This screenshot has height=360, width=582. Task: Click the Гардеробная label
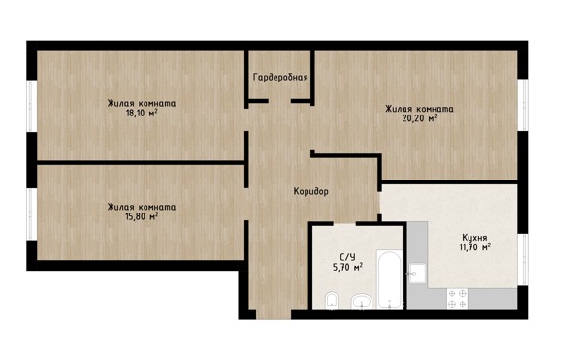point(280,77)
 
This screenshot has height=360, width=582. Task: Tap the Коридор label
point(311,191)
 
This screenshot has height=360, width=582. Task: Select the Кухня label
point(474,237)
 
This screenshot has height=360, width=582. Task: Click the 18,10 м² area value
point(142,113)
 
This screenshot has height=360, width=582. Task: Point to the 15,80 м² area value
point(142,216)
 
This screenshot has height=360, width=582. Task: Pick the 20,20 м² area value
point(419,118)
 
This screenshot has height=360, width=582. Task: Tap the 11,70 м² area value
point(474,246)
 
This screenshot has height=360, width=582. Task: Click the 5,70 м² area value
point(347,267)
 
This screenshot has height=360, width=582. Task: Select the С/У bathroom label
point(347,257)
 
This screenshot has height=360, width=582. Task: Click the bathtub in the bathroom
point(389,279)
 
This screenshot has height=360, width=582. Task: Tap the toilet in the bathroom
point(331,300)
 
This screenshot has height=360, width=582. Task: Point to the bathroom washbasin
point(361,301)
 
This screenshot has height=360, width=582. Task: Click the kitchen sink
point(417,274)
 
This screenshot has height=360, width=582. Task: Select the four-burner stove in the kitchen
point(457,299)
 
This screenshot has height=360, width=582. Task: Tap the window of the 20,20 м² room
point(525,105)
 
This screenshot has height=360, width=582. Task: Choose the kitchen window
point(525,260)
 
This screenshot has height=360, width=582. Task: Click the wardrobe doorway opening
point(279,101)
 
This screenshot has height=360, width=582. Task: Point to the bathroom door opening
point(344,223)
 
